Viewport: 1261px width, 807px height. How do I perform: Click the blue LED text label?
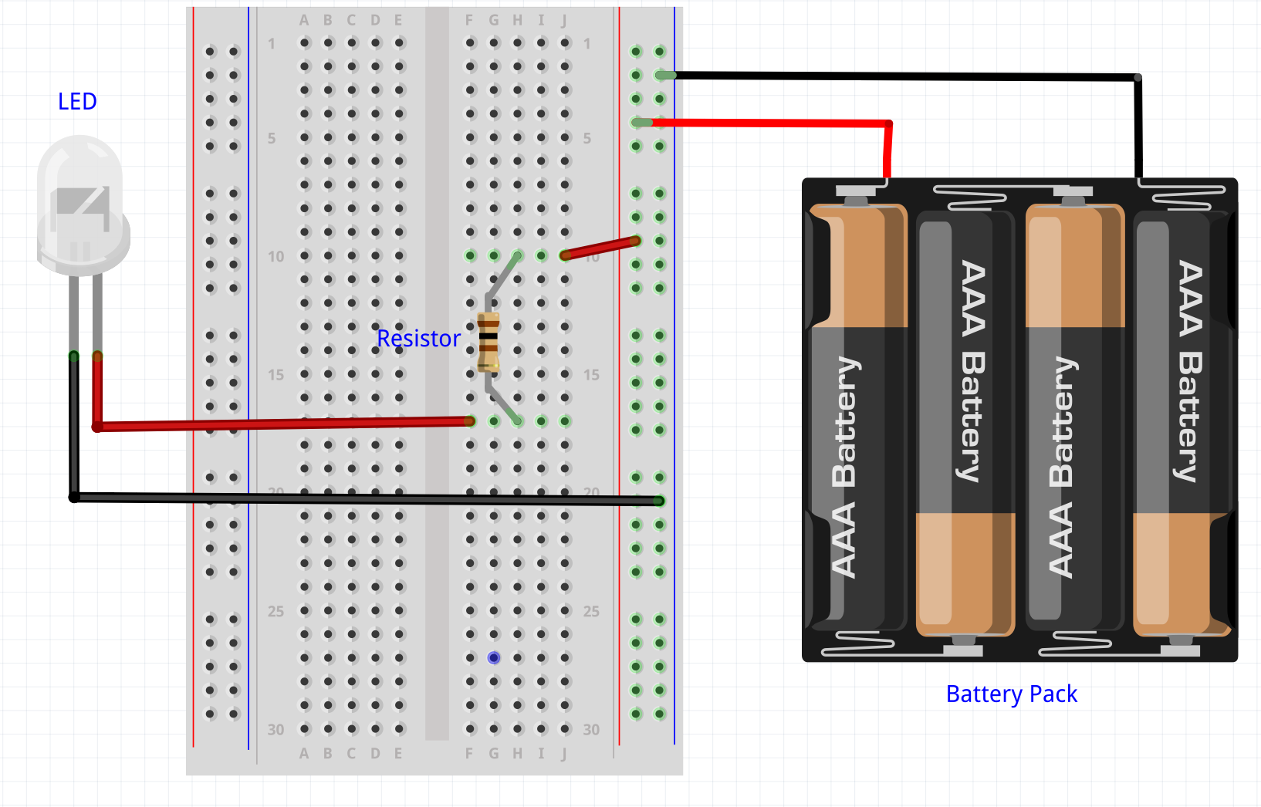click(x=77, y=101)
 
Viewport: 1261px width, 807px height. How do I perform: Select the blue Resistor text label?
click(x=418, y=339)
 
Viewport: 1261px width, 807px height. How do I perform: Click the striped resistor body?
click(x=489, y=343)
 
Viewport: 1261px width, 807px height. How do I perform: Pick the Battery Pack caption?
click(x=1011, y=694)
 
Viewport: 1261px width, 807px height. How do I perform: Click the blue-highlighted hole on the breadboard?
click(x=494, y=658)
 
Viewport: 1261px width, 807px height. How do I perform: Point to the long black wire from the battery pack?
click(x=903, y=76)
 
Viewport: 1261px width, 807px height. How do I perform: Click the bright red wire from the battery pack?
click(x=772, y=123)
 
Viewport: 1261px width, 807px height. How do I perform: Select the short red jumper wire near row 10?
click(x=600, y=248)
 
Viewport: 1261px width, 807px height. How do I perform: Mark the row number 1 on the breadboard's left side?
click(x=272, y=44)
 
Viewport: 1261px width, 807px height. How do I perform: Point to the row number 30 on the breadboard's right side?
click(x=591, y=729)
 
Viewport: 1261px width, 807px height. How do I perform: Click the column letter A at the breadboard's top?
click(x=304, y=21)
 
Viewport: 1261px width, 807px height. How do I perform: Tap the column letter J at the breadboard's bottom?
click(x=564, y=753)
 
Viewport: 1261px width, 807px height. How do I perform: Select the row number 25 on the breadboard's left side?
click(x=276, y=611)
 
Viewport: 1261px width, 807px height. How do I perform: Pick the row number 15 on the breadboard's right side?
click(x=591, y=374)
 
